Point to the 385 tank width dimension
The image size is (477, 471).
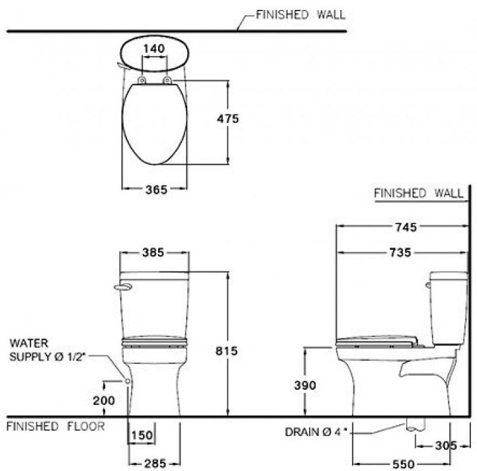click(x=153, y=252)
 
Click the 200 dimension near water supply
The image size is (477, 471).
click(x=104, y=400)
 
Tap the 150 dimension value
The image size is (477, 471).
click(x=142, y=435)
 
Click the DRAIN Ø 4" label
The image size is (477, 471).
click(x=315, y=433)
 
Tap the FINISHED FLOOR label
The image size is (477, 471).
click(x=56, y=427)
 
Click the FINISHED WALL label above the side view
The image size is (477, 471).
click(x=418, y=194)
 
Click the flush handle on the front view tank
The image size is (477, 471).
click(x=123, y=286)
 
